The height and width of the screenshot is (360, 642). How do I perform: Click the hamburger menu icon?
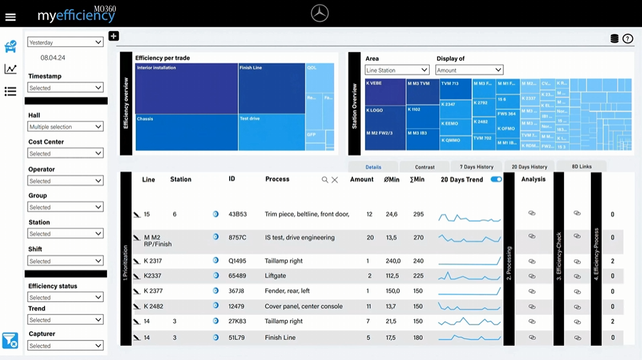[10, 17]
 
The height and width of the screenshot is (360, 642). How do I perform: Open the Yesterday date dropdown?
[65, 42]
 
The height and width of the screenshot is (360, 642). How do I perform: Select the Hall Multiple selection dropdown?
[65, 126]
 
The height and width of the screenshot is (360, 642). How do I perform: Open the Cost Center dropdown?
[65, 154]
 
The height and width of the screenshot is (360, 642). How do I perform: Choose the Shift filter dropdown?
[65, 261]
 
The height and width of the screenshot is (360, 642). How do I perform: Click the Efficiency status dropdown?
[65, 297]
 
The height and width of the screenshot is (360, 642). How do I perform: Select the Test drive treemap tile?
[271, 132]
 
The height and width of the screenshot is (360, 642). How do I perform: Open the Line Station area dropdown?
[397, 70]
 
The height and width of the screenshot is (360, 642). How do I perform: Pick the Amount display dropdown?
[469, 70]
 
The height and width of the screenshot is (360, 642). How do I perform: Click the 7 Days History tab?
[476, 166]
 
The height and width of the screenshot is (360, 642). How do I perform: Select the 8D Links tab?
[581, 166]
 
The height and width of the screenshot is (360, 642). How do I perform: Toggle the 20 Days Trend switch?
[496, 179]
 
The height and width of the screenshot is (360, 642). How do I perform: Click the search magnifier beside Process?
[325, 180]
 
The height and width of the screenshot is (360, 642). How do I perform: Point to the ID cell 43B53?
[237, 214]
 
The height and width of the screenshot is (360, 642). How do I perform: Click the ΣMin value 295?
[418, 214]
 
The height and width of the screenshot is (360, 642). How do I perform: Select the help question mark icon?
[628, 39]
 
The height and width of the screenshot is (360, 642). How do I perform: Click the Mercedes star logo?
[319, 13]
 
